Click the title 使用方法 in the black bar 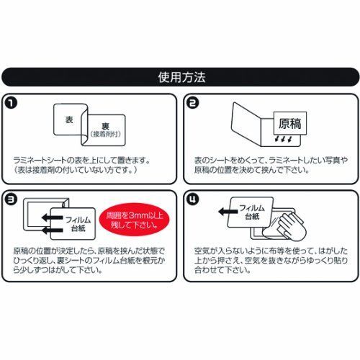pos(179,76)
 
